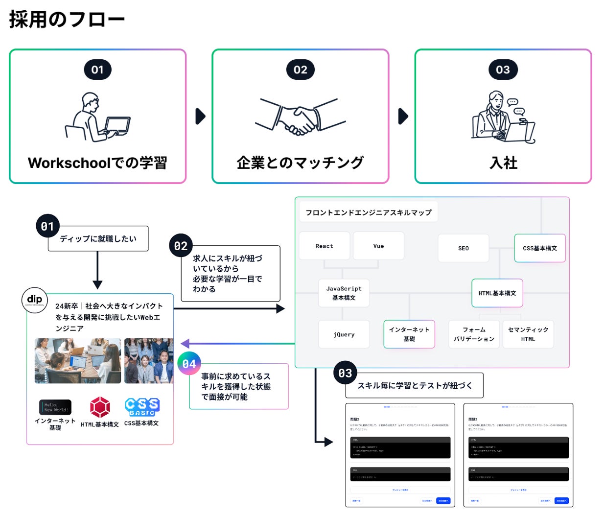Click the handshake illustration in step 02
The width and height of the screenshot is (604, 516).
300,117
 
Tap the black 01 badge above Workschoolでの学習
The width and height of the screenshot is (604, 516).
97,70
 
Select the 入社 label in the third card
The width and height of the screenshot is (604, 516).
503,163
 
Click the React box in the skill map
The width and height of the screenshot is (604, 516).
324,246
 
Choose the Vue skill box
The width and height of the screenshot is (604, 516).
378,246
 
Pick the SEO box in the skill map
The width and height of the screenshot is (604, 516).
463,248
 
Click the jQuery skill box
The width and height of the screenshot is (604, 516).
344,334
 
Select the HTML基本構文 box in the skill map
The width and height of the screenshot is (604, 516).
497,293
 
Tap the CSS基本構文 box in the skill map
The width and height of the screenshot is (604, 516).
539,248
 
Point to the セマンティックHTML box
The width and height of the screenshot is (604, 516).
528,334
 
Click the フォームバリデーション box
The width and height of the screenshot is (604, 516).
473,334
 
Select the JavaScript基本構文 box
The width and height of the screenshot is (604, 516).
344,293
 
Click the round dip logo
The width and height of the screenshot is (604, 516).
34,300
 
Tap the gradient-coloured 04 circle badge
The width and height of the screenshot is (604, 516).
189,364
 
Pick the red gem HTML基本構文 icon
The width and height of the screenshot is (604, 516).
100,407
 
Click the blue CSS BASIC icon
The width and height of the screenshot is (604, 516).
142,407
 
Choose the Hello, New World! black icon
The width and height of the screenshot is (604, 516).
55,407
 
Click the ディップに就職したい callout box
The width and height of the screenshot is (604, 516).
98,238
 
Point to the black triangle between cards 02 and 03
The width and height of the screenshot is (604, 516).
403,117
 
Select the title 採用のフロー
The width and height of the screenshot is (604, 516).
67,20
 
